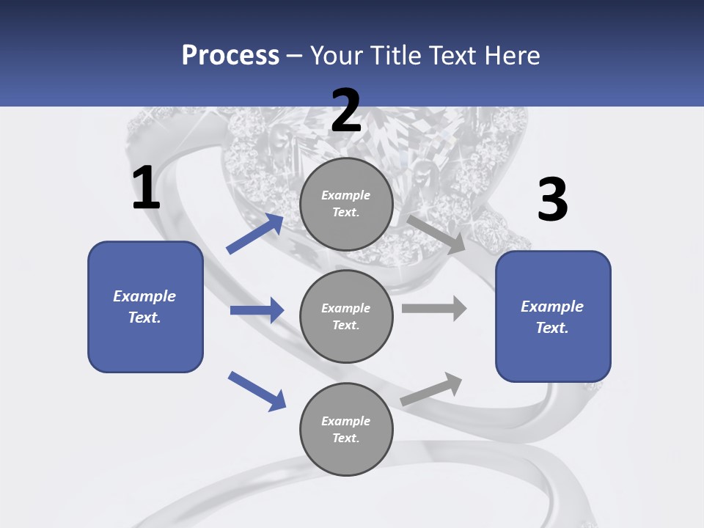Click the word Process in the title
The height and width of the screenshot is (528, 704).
pyautogui.click(x=230, y=56)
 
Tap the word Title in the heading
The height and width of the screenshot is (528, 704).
pyautogui.click(x=392, y=56)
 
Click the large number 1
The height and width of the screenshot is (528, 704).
pyautogui.click(x=146, y=188)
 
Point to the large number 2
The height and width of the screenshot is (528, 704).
pyautogui.click(x=346, y=111)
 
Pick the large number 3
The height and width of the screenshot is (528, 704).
pyautogui.click(x=552, y=200)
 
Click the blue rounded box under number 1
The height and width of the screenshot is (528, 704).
pyautogui.click(x=145, y=307)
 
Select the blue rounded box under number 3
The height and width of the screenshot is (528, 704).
pyautogui.click(x=553, y=316)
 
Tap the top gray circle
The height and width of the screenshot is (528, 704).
pyautogui.click(x=346, y=204)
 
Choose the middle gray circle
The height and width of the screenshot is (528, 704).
pyautogui.click(x=346, y=316)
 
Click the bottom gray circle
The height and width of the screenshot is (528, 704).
pyautogui.click(x=346, y=429)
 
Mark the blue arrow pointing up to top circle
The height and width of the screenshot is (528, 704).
pyautogui.click(x=255, y=234)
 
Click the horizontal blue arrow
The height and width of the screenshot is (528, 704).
pyautogui.click(x=257, y=310)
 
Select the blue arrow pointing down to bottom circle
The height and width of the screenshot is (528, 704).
pyautogui.click(x=257, y=391)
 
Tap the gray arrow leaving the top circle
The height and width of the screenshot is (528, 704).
pyautogui.click(x=436, y=234)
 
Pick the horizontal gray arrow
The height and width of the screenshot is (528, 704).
pyautogui.click(x=434, y=308)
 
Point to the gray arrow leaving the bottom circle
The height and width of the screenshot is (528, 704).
pyautogui.click(x=431, y=389)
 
